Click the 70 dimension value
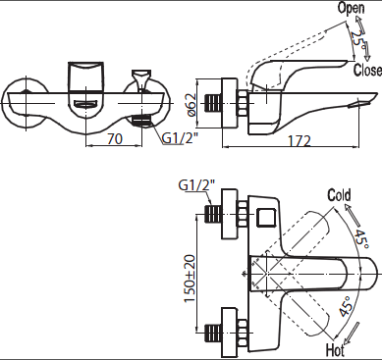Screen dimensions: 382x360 click(115, 138)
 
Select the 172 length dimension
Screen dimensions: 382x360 click(299, 141)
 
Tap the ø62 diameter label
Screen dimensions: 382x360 click(191, 105)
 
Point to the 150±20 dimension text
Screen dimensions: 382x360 click(191, 279)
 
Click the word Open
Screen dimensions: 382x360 click(351, 8)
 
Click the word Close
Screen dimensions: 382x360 click(367, 70)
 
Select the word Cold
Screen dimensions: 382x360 click(339, 195)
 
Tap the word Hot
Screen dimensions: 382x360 click(335, 350)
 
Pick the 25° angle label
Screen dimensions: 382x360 click(357, 40)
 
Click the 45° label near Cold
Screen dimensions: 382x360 click(362, 239)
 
